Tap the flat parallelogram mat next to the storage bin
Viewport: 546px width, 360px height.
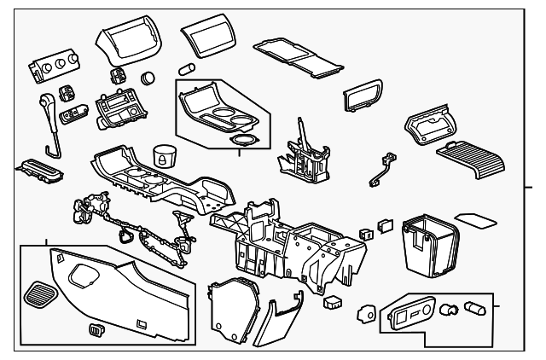(x=477, y=221)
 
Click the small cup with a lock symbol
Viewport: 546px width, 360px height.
(x=164, y=156)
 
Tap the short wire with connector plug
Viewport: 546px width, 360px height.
(x=380, y=169)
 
